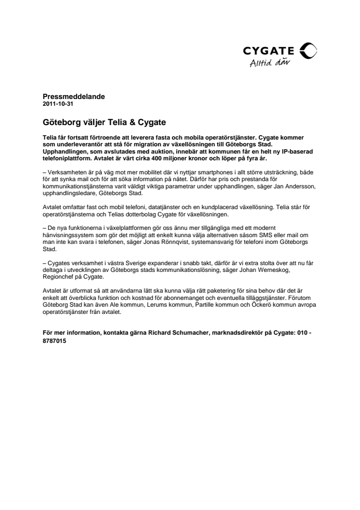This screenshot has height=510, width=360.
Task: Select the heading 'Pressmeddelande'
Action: (x=73, y=97)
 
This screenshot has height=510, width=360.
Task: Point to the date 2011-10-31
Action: (x=58, y=104)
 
